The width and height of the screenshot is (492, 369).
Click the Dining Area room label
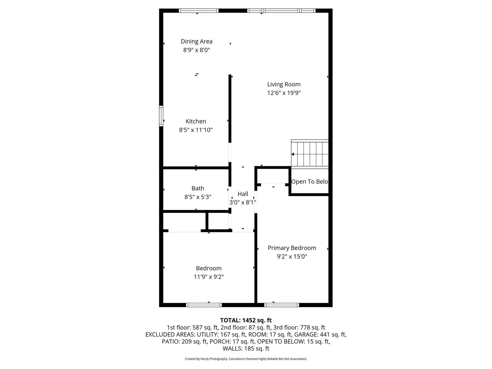pos(197,41)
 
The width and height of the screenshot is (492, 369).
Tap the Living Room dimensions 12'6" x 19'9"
pos(284,93)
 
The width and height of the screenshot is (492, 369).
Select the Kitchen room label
pos(196,121)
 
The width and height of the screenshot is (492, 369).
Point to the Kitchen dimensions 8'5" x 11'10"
pos(196,130)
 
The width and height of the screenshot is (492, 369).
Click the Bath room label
pos(198,188)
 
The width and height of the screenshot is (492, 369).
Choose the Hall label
pos(243,194)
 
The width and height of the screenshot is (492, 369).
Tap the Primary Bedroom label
pos(292,248)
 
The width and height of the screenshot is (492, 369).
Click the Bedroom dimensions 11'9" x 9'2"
pos(209,277)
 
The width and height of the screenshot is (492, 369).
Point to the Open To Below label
pos(310,182)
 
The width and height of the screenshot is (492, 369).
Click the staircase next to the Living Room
pos(310,154)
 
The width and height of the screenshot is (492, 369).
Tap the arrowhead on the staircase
pos(292,154)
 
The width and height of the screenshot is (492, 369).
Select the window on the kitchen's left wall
pos(161,116)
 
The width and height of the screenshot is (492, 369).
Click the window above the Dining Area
pos(198,11)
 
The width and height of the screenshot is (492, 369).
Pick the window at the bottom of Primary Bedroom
pos(282,305)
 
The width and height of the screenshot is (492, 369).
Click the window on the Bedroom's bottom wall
pos(204,305)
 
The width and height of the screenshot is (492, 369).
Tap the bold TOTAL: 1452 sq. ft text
pos(246,320)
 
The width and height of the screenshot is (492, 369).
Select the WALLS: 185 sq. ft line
pos(246,349)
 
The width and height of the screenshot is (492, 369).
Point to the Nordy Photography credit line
pos(246,359)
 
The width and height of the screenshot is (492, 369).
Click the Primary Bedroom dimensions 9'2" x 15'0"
pos(292,257)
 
